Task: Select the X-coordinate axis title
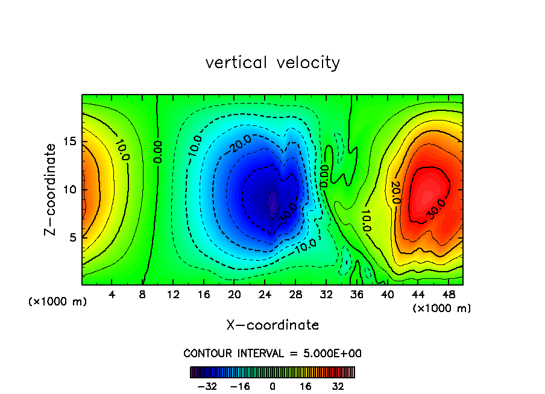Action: pos(272,325)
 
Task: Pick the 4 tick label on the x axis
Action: pos(112,295)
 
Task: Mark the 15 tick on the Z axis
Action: pos(70,142)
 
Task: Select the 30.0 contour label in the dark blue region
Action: pos(289,211)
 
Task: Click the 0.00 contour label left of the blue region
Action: pos(158,152)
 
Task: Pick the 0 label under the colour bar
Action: pos(272,386)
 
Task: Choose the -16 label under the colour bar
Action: pos(240,386)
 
